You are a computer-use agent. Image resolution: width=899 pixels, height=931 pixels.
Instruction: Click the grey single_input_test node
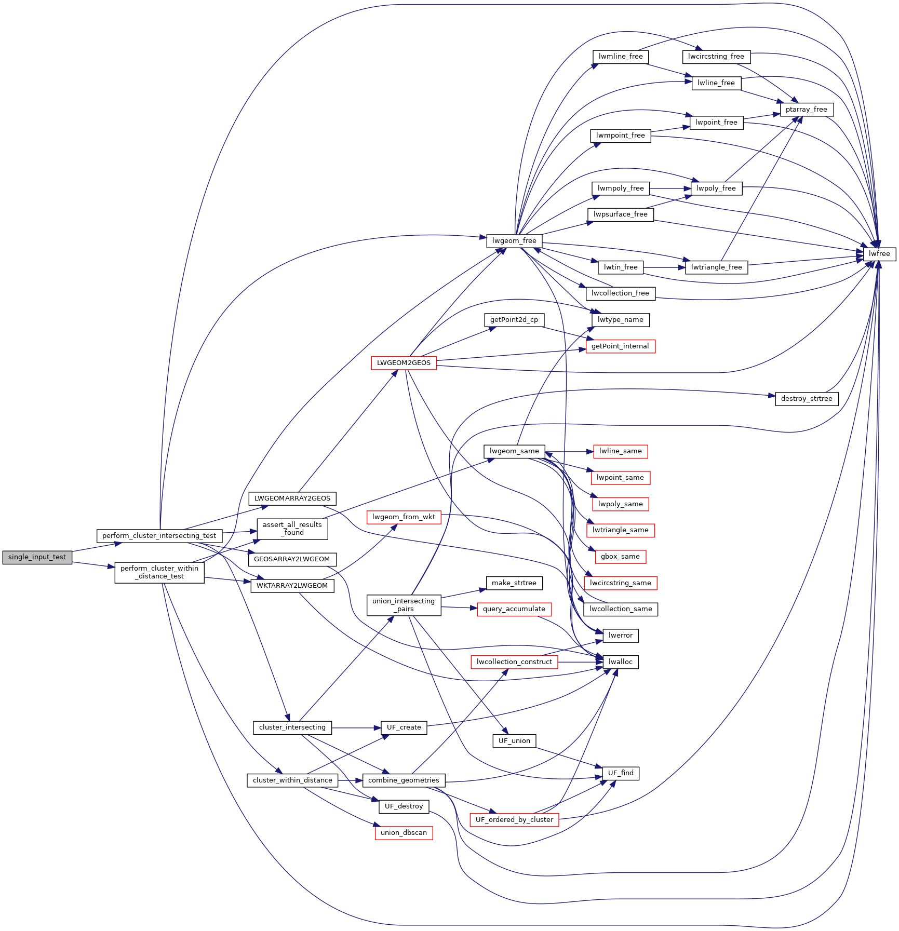click(37, 557)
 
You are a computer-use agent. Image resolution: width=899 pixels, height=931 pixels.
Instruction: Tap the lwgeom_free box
click(514, 241)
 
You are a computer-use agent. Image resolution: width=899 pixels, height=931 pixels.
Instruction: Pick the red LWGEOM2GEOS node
click(404, 363)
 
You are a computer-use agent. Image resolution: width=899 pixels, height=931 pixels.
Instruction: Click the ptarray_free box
click(806, 110)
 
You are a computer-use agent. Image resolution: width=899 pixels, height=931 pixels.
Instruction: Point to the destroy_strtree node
click(806, 399)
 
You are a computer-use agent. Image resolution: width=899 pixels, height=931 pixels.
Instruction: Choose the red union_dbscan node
click(404, 833)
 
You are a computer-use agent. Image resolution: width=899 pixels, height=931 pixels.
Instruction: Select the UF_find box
click(621, 773)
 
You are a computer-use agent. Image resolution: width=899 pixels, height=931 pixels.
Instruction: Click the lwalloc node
click(621, 662)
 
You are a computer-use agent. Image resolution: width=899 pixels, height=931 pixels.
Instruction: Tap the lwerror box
click(621, 636)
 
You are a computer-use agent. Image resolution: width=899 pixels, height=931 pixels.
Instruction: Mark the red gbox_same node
click(620, 557)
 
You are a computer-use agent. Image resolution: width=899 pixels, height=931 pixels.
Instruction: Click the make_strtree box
click(514, 583)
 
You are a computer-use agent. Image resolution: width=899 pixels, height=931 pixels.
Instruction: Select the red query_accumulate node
click(514, 609)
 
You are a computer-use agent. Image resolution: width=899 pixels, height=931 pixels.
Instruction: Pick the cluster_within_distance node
click(292, 780)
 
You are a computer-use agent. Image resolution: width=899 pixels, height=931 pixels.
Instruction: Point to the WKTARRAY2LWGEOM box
click(292, 586)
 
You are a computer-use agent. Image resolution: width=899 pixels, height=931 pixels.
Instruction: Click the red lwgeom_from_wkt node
click(404, 517)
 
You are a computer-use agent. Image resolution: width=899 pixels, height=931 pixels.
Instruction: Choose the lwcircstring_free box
click(716, 57)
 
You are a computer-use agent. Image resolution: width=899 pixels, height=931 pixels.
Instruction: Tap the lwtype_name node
click(620, 320)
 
